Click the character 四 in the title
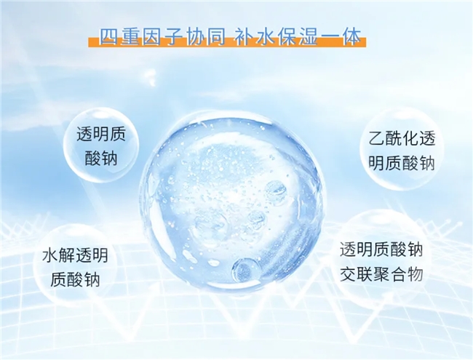[x=109, y=37]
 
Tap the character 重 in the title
[x=130, y=37]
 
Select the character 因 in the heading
[x=152, y=37]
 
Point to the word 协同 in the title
[x=206, y=37]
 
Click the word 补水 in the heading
[x=255, y=37]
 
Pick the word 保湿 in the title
[x=298, y=37]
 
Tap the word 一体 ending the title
[x=341, y=37]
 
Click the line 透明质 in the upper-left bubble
[x=100, y=134]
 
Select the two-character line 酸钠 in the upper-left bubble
[x=100, y=158]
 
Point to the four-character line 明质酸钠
[x=402, y=163]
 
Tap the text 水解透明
[x=75, y=255]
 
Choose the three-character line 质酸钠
[x=75, y=279]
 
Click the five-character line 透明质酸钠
[x=381, y=249]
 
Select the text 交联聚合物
[x=381, y=274]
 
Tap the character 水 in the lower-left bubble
[x=50, y=255]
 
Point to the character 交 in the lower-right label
[x=348, y=274]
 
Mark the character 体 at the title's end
[x=351, y=37]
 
